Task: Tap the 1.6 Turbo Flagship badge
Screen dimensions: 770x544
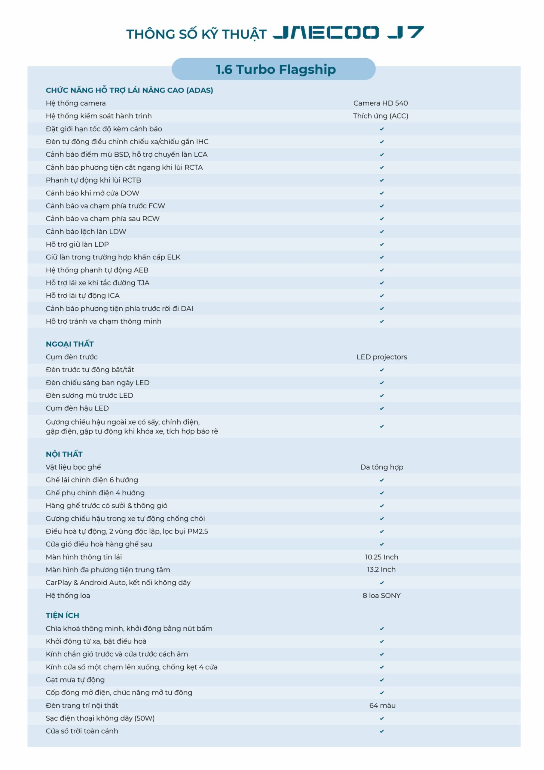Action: pos(274,69)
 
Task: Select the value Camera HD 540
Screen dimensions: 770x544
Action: pos(380,103)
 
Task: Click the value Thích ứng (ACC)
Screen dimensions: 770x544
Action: pos(380,116)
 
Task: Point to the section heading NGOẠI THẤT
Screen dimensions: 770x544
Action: pos(70,344)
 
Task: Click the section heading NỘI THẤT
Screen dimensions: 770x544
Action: pos(64,454)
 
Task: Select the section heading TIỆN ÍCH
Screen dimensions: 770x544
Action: pos(62,615)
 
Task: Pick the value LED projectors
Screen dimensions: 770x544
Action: pos(381,357)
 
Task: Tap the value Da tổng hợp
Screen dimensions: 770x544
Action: pos(381,467)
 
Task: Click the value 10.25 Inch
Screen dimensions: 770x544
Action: pos(381,557)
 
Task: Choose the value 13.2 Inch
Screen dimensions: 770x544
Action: pos(381,569)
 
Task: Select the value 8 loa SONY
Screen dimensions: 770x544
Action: pos(381,596)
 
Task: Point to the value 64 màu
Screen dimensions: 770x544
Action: pos(382,706)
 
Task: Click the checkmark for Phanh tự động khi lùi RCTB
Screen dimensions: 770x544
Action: pos(381,180)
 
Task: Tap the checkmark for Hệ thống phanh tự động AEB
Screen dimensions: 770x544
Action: pos(381,270)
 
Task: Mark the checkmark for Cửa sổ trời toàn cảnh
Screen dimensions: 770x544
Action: pos(381,731)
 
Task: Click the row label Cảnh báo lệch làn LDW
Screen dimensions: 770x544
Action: pos(86,231)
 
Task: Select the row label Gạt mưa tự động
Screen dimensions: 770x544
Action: pos(75,680)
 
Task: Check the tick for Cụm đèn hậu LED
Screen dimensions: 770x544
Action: pos(381,408)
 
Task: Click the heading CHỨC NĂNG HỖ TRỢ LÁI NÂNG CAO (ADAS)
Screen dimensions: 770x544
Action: pos(129,90)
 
